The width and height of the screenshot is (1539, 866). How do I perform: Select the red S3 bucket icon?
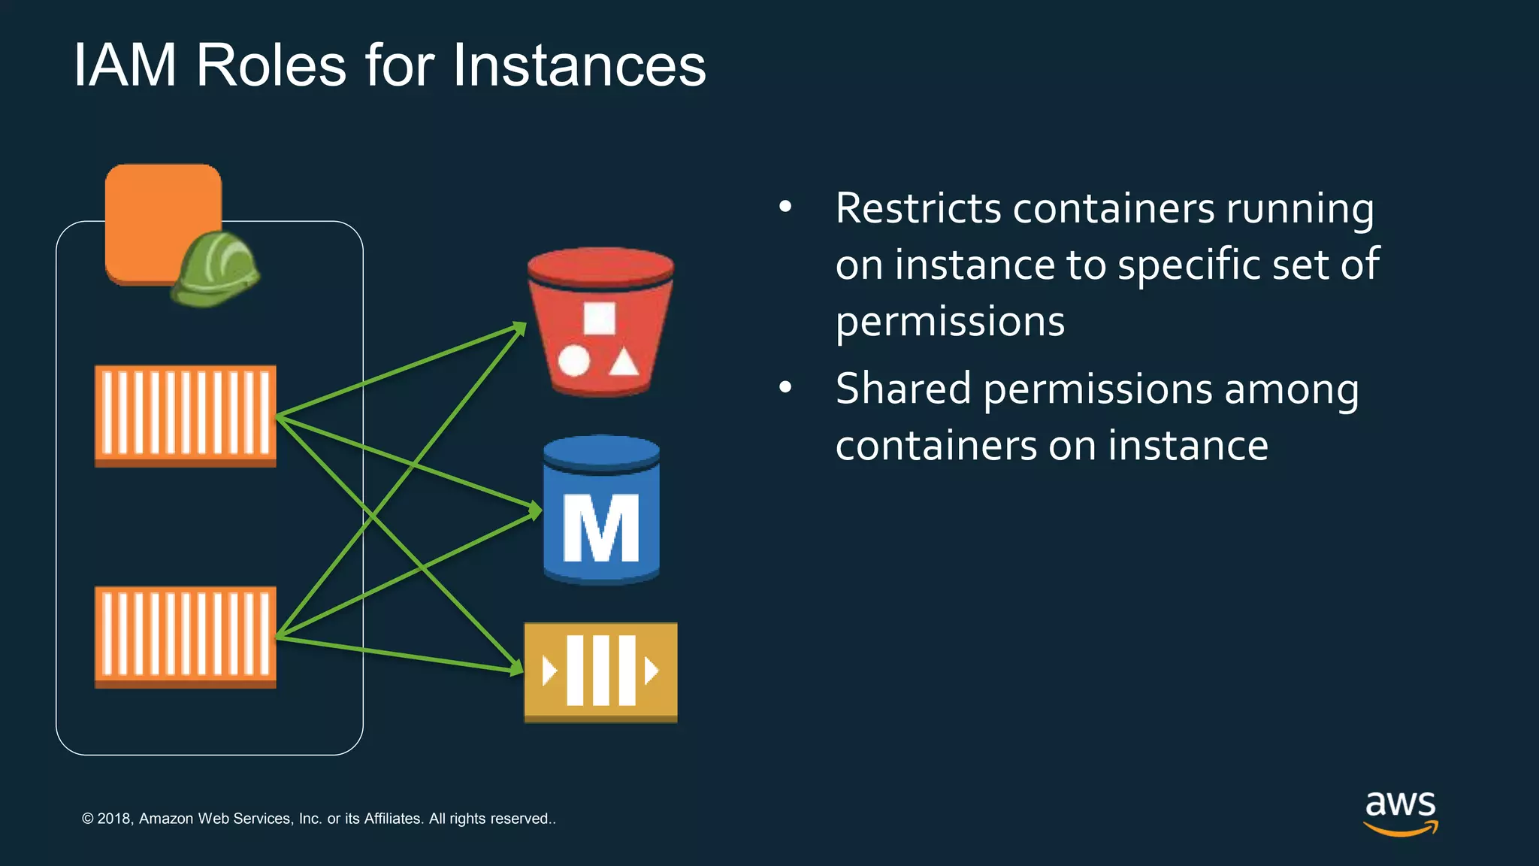point(600,322)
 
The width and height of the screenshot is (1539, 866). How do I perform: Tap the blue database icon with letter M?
point(601,510)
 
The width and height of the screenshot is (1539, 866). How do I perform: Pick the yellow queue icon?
point(600,671)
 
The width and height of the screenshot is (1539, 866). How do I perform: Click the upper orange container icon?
point(186,415)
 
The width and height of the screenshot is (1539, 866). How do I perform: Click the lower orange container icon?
point(186,636)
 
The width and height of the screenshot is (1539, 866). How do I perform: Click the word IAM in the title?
point(125,65)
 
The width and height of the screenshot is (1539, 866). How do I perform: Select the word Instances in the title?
point(579,65)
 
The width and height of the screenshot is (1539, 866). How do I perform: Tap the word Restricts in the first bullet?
point(918,208)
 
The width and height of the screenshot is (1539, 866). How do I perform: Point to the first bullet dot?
point(785,206)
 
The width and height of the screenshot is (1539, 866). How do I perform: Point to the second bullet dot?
point(785,387)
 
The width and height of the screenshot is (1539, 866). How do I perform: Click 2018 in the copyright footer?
point(114,819)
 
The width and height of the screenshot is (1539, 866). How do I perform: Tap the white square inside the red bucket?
point(600,318)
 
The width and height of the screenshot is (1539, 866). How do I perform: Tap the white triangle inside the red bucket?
point(624,363)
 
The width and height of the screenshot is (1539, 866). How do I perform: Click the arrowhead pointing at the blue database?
point(535,511)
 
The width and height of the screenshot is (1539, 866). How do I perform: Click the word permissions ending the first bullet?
point(950,322)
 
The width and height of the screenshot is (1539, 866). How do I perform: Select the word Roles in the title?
point(271,65)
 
